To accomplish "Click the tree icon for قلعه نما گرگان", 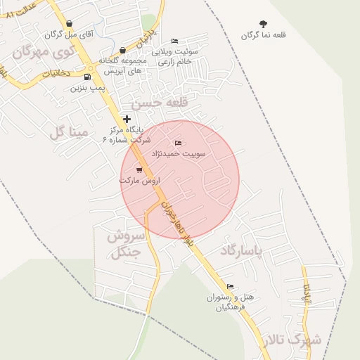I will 264,25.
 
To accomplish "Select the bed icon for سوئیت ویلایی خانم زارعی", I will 174,41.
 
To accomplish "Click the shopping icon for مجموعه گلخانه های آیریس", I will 123,51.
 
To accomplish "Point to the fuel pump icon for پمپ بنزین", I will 87,77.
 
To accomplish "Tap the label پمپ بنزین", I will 87,89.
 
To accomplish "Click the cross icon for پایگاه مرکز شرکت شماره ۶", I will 127,120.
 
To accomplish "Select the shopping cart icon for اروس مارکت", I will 139,169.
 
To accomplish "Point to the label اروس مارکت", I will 139,181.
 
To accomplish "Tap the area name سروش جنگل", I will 126,244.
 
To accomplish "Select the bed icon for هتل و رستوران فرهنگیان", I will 230,286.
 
